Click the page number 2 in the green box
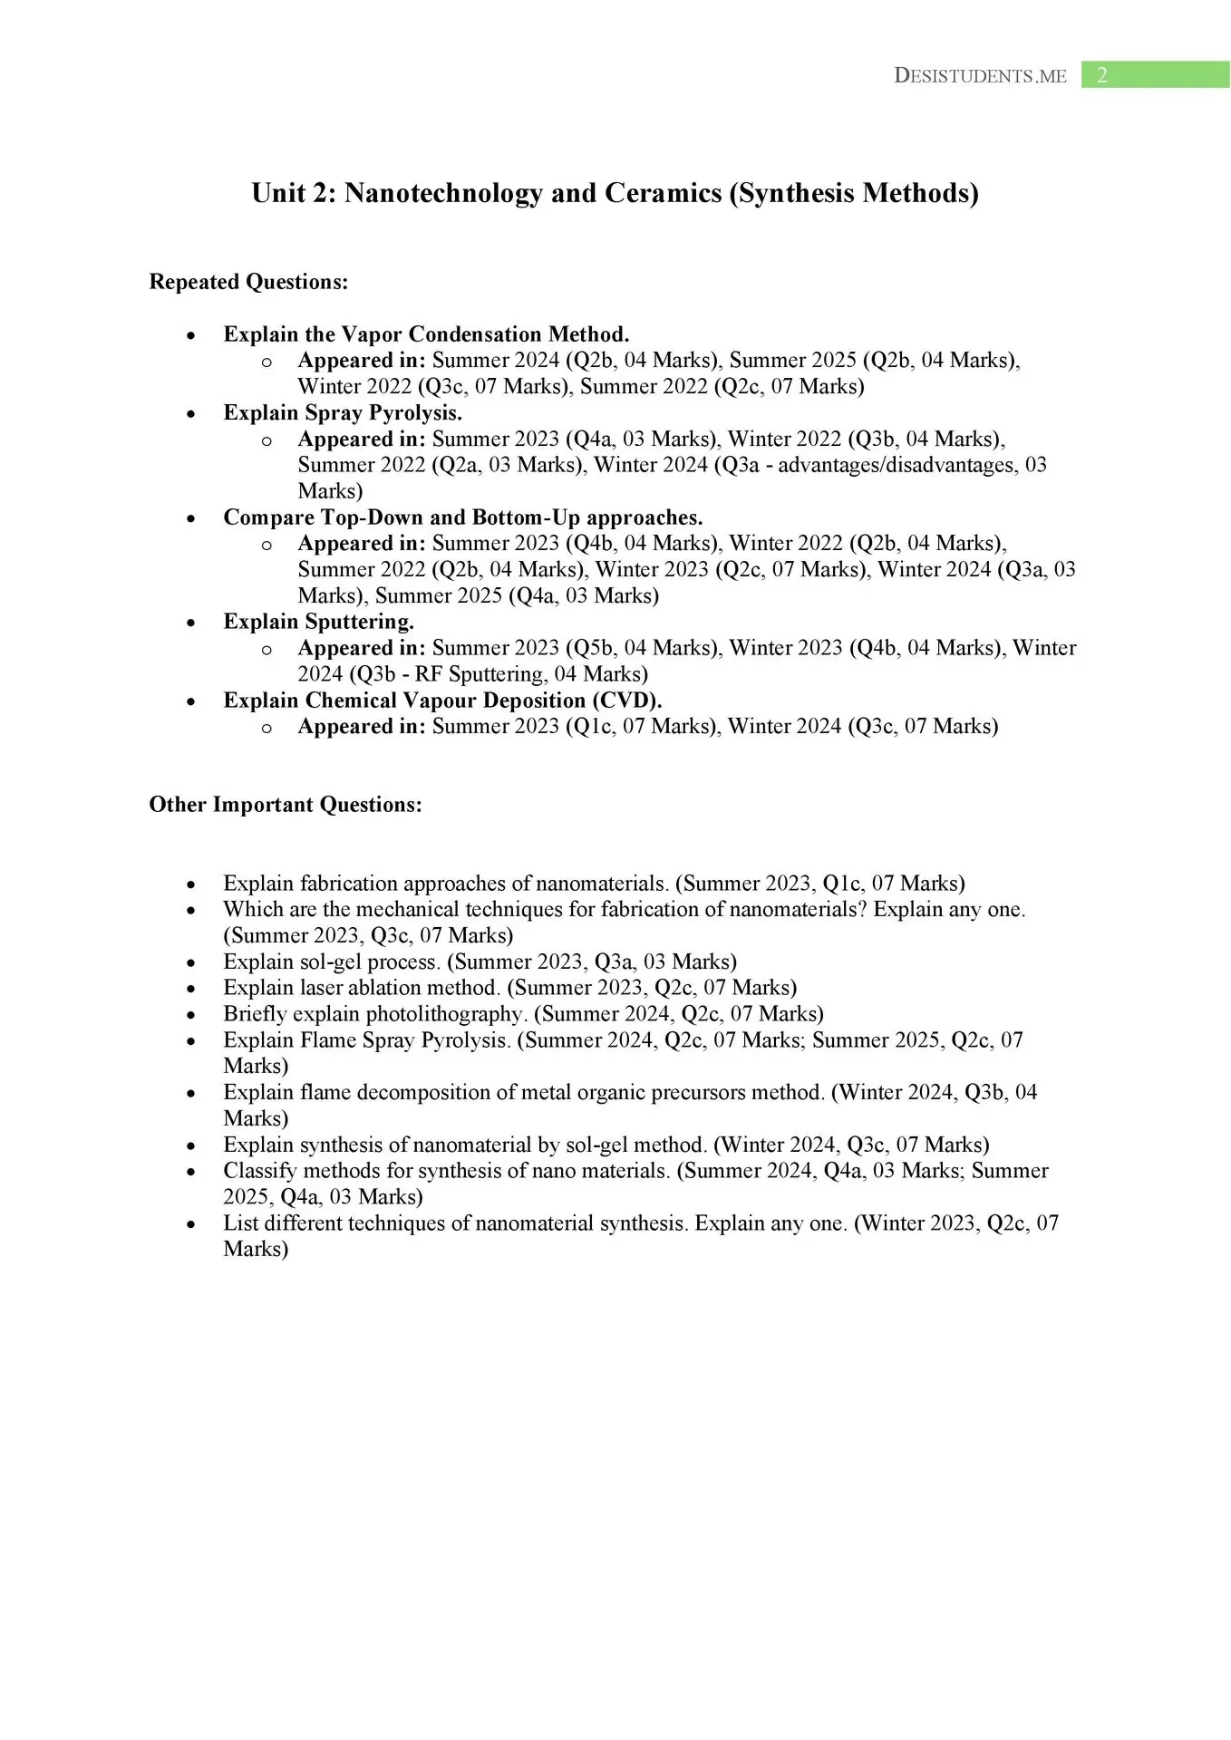tap(1102, 75)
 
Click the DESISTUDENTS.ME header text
tap(980, 76)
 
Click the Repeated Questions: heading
tap(248, 282)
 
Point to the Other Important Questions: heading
tap(286, 805)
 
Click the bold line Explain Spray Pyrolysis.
tap(343, 412)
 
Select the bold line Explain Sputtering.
tap(318, 622)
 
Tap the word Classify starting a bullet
tap(257, 1171)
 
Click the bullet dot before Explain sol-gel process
tap(190, 962)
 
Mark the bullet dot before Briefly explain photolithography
tap(190, 1015)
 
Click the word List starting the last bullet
tap(240, 1223)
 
